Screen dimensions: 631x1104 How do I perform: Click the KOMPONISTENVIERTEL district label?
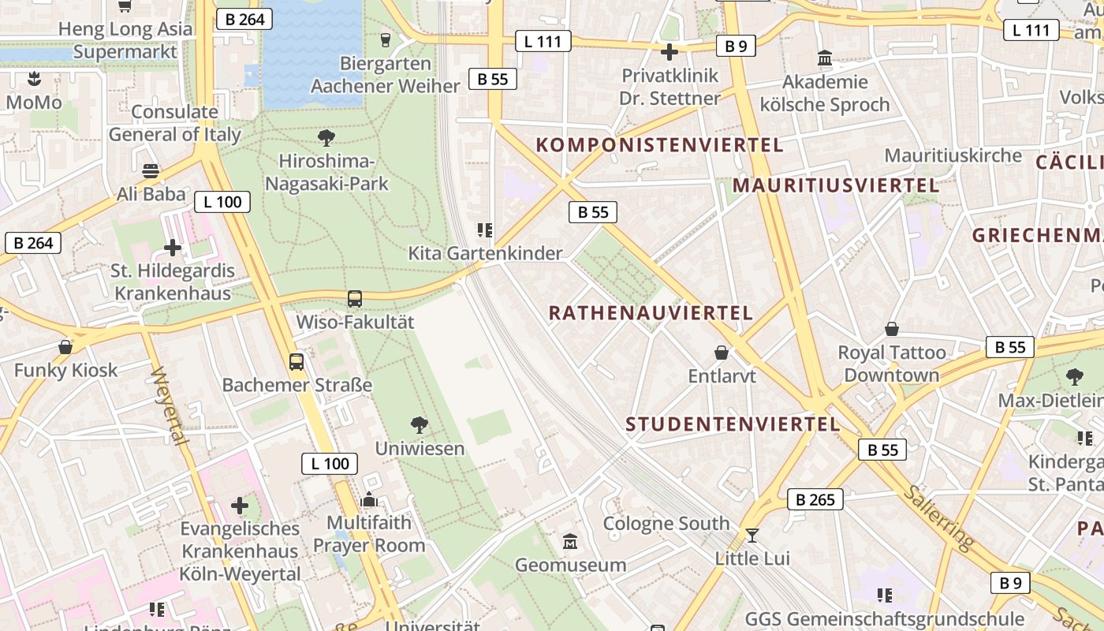click(659, 145)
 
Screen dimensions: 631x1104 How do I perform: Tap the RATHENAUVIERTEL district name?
click(651, 313)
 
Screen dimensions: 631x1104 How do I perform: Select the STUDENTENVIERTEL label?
click(733, 424)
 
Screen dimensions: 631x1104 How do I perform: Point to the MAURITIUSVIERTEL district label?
click(836, 186)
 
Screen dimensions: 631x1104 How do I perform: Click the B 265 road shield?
click(815, 499)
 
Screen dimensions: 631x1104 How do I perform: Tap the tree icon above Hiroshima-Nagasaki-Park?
click(326, 138)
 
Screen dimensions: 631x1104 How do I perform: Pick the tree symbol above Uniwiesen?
click(420, 425)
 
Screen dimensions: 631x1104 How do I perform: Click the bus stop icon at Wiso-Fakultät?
click(355, 299)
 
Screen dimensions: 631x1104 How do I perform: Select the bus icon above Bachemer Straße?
click(297, 362)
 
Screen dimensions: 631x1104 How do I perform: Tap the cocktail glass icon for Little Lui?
click(752, 536)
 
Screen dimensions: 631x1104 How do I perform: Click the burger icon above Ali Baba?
click(151, 170)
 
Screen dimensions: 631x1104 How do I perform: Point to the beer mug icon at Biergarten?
click(386, 39)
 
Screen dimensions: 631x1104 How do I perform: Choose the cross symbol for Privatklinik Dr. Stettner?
click(669, 53)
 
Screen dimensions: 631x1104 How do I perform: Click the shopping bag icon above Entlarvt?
click(722, 353)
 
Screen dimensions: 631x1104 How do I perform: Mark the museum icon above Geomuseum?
click(570, 542)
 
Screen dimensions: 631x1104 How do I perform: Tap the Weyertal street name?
click(168, 405)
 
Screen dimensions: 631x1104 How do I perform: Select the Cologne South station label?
click(666, 524)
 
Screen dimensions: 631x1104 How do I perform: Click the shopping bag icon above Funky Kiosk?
click(65, 347)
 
